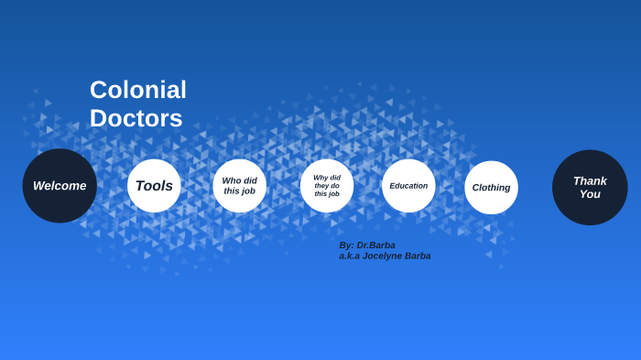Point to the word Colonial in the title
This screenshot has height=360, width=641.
(x=138, y=90)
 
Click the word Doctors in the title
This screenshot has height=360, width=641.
(x=136, y=118)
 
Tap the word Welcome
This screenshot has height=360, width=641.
(x=60, y=186)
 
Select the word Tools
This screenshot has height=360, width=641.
(x=154, y=186)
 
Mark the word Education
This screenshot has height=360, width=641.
(x=408, y=186)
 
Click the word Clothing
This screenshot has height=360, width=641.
(x=491, y=188)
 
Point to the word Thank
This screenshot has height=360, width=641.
(x=590, y=180)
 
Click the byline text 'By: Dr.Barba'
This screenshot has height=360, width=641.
(x=367, y=245)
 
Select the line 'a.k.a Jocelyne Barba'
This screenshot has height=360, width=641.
(x=385, y=256)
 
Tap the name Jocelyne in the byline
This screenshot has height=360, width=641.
(x=384, y=256)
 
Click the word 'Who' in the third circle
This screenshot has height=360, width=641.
(x=232, y=180)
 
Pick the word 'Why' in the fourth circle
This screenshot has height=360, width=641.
(x=320, y=178)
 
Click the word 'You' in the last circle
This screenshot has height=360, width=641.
(x=590, y=194)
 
